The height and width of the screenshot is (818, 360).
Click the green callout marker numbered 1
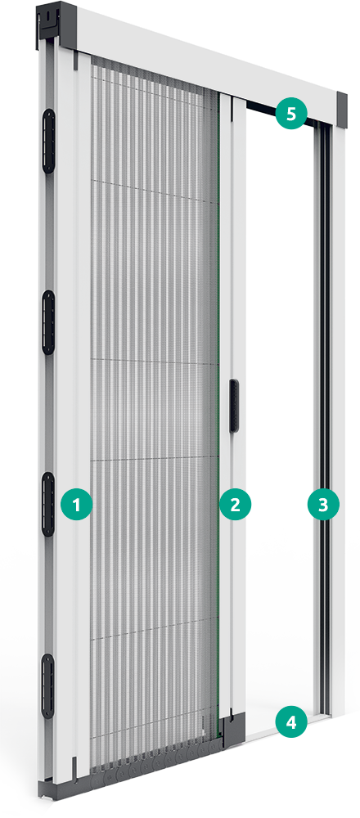77,505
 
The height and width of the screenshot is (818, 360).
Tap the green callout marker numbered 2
236,505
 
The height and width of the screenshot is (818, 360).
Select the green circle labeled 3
323,505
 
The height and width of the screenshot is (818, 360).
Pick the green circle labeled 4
291,722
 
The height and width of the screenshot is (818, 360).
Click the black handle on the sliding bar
235,407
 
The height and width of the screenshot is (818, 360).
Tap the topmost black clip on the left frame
48,142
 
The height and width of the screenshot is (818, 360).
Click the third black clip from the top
48,505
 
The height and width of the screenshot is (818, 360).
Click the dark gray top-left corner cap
57,24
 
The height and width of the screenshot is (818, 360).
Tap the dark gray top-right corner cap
342,109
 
